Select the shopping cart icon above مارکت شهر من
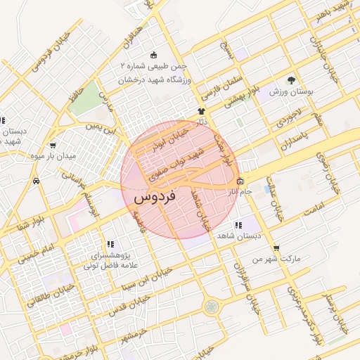(x=276, y=248)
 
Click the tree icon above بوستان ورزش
(x=291, y=80)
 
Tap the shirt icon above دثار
(x=201, y=111)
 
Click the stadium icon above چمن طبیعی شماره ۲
(x=155, y=55)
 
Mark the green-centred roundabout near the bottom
(x=210, y=307)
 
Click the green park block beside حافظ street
(x=86, y=102)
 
